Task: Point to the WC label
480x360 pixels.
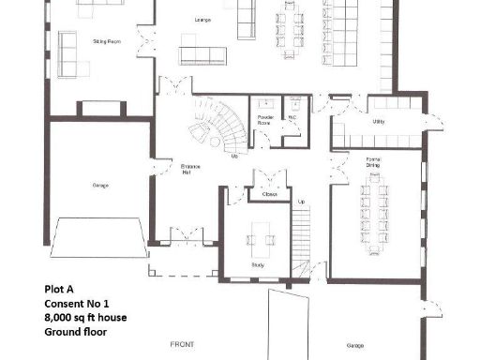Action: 292,117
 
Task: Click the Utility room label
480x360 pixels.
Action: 379,122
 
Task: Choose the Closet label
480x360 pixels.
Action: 269,194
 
